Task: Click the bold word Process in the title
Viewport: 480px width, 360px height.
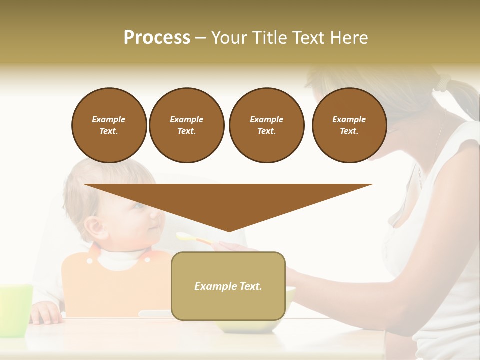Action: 157,38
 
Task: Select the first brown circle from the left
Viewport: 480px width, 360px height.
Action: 109,125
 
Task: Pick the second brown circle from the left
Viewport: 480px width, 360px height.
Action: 186,125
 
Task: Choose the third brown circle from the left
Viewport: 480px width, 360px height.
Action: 266,125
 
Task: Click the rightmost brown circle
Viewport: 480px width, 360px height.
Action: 349,125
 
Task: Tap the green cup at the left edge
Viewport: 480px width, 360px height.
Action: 15,310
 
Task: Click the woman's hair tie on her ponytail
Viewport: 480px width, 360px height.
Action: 443,82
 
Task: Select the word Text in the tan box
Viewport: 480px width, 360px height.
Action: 249,286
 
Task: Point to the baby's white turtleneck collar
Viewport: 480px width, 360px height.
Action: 120,259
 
